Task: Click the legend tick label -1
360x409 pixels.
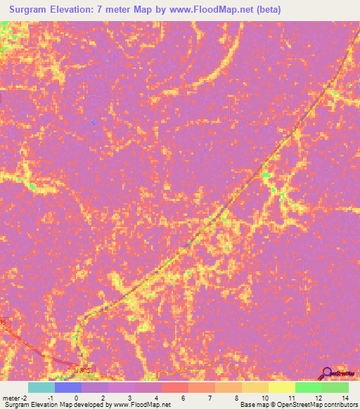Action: coord(49,398)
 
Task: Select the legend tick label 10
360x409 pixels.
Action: coord(265,398)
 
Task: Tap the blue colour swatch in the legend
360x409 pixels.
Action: coord(67,387)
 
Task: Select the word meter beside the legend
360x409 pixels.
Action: coord(10,398)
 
